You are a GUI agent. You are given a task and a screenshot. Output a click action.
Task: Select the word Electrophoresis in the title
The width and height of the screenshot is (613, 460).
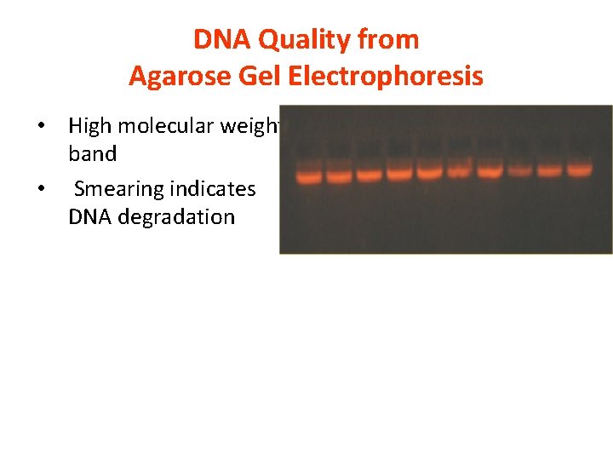[x=386, y=77]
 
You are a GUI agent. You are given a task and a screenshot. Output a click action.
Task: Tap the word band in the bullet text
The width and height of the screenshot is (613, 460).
[x=92, y=154]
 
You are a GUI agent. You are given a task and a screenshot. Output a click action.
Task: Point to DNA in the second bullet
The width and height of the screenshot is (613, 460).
[x=91, y=216]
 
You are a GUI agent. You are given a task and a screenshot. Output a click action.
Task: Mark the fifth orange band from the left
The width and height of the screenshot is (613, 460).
[x=429, y=173]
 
